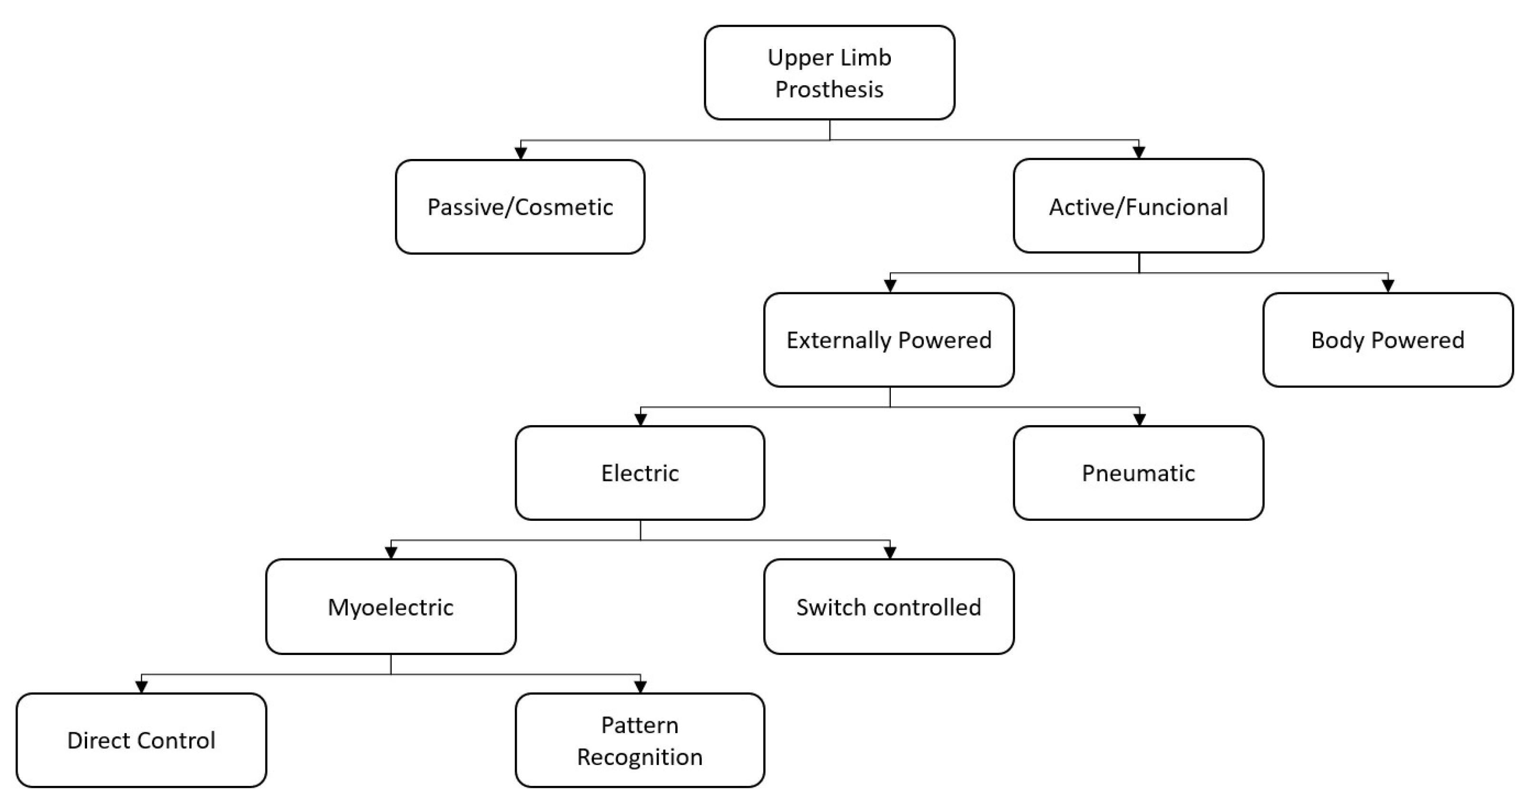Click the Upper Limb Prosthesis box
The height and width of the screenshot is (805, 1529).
(829, 72)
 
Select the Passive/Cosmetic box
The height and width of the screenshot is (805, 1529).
(520, 207)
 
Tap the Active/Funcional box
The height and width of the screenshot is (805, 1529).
(1138, 206)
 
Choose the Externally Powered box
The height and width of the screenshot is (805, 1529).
(888, 339)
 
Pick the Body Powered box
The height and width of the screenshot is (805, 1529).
(1388, 339)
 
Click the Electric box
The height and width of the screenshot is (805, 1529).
(640, 473)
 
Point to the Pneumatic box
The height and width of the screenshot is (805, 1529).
(1138, 473)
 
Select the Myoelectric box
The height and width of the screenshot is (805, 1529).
(391, 606)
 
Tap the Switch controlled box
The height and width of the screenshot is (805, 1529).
(888, 606)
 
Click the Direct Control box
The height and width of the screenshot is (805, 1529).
(141, 740)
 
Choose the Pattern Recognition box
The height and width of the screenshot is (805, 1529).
(640, 740)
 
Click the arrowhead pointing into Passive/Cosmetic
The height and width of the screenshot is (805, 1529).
(521, 153)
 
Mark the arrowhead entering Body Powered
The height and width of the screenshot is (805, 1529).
(1388, 286)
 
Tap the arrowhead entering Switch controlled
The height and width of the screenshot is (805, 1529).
(890, 553)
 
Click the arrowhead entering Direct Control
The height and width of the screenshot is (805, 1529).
(141, 687)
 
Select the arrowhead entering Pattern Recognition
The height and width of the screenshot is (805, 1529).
(641, 687)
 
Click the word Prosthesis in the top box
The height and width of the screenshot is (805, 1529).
(829, 89)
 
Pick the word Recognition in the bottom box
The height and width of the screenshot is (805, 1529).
(640, 757)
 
